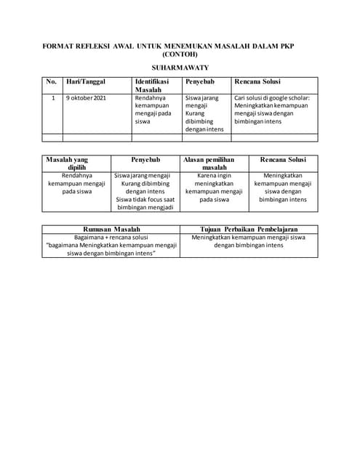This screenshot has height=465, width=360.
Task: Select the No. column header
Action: pos(51,81)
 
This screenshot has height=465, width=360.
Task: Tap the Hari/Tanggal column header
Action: pos(86,81)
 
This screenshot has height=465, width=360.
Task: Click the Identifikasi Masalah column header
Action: pos(152,85)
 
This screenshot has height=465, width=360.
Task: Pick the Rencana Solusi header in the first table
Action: pos(257,81)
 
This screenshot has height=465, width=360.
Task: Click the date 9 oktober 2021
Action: pos(86,97)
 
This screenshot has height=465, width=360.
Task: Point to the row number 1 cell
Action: pos(52,97)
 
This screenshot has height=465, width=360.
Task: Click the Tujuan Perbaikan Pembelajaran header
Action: pos(249,228)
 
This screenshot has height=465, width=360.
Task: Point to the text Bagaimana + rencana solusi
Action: pos(111,237)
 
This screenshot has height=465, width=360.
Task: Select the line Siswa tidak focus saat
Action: pos(145,199)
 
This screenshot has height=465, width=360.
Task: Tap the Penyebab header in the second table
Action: pos(145,159)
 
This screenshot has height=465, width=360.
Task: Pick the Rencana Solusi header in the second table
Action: pos(283,159)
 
